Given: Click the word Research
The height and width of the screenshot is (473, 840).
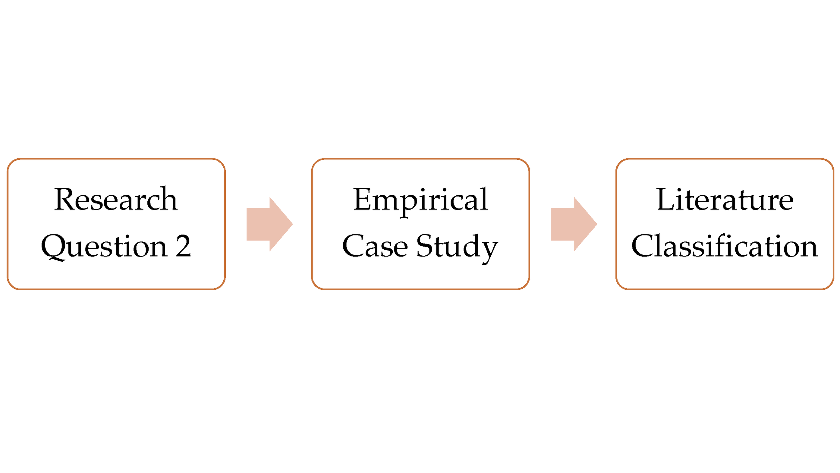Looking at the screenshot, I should coord(115,199).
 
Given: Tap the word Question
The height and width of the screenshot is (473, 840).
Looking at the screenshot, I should coord(104,246).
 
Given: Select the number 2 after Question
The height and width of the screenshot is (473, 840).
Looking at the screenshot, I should coord(183,246).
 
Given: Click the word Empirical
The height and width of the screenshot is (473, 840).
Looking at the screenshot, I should coord(420,200).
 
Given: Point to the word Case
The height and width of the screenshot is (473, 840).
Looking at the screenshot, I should coord(375,246).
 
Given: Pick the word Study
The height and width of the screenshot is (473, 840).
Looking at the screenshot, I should coord(457,247).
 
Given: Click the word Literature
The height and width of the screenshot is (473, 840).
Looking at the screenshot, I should coord(724,199).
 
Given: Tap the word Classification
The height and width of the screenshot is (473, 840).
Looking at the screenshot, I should coord(724,246).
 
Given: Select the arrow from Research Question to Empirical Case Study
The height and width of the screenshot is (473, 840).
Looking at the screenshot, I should coord(269,224).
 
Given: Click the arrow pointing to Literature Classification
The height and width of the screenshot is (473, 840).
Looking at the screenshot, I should coord(574,224).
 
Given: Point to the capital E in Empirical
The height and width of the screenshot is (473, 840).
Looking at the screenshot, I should coord(362,199).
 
